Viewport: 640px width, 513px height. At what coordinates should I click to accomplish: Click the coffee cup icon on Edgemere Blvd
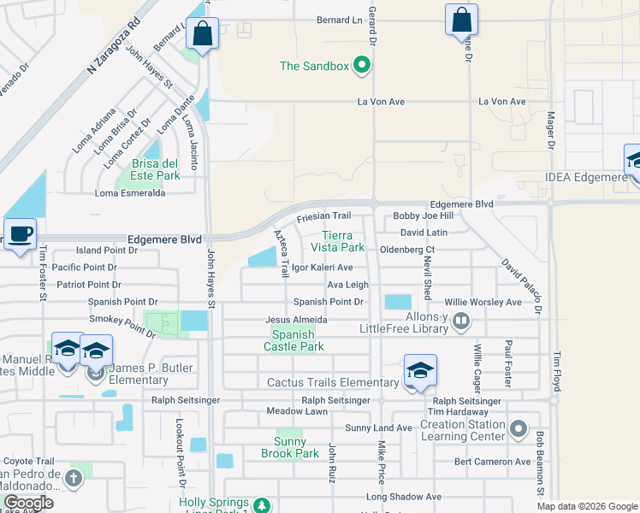(20, 233)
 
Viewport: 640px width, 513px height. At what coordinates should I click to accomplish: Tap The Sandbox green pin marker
(362, 65)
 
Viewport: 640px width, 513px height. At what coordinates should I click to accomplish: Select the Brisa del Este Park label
(155, 169)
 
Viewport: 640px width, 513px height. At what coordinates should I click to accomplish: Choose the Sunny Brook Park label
(291, 447)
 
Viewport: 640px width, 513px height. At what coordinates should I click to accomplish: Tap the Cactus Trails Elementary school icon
(420, 369)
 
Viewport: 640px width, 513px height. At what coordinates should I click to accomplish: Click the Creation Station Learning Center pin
(517, 427)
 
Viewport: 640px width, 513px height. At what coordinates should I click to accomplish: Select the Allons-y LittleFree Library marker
(461, 321)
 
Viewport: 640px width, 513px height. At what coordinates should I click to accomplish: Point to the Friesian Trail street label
(324, 217)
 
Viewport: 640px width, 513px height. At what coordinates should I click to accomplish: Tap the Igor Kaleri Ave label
(322, 268)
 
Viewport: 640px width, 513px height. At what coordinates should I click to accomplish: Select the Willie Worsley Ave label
(483, 303)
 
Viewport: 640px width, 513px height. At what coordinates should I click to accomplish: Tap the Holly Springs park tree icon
(264, 504)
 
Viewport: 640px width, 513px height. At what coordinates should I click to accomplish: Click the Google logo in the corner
(28, 504)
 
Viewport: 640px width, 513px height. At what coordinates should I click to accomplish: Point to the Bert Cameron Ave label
(492, 462)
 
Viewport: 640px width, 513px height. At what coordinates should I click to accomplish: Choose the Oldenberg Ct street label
(407, 250)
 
